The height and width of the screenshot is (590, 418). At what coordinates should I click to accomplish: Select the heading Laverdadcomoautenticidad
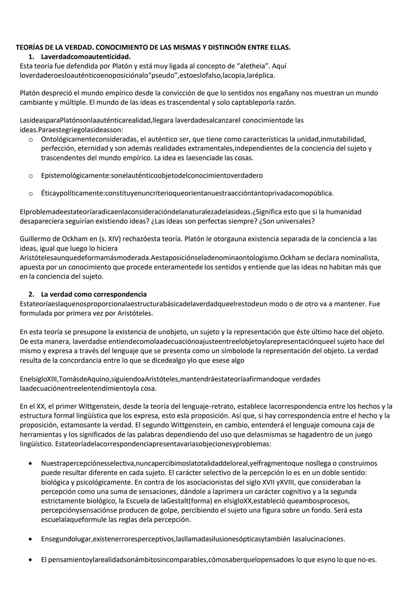86,57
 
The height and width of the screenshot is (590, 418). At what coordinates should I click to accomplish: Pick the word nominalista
361,258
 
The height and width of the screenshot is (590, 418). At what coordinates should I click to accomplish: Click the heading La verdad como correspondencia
94,294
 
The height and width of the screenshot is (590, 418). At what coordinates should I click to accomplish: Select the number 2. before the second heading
31,294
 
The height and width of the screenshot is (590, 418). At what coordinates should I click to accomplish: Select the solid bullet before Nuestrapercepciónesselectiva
31,463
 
